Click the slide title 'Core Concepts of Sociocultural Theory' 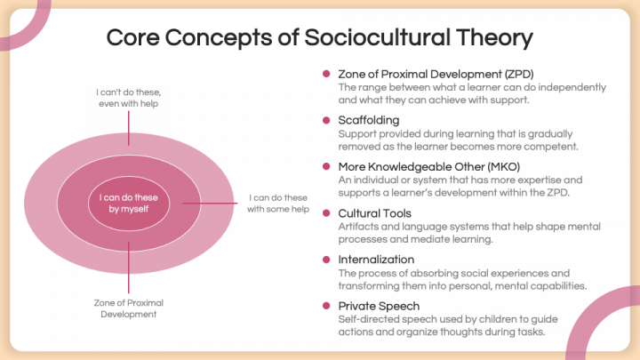click(x=320, y=38)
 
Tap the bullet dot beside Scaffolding click(x=326, y=120)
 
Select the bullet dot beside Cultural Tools click(x=326, y=213)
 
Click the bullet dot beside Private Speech click(x=326, y=306)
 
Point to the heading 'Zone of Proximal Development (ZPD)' click(x=436, y=75)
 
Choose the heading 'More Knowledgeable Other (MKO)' click(x=429, y=167)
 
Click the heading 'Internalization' click(x=376, y=260)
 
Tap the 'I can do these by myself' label click(x=129, y=204)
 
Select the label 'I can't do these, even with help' click(x=129, y=98)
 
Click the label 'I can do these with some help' click(x=278, y=204)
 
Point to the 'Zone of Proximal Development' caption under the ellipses click(x=129, y=308)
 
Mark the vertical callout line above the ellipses click(x=129, y=128)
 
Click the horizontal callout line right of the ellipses click(x=210, y=203)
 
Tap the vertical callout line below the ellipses click(x=129, y=268)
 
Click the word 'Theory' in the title click(x=495, y=38)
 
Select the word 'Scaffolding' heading click(x=369, y=120)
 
